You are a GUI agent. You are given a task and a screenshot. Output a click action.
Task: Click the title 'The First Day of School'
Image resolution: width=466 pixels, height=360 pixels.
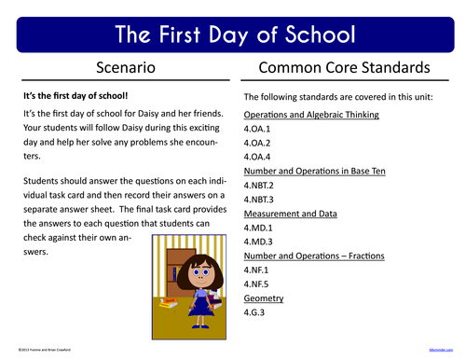pyautogui.click(x=233, y=35)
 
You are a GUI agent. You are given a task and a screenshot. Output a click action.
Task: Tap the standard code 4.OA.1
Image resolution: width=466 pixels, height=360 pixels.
pyautogui.click(x=258, y=130)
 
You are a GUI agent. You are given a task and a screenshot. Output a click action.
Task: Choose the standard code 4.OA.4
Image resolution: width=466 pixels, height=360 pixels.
pyautogui.click(x=258, y=158)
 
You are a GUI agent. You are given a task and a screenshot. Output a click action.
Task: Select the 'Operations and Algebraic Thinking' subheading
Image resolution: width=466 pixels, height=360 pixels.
pyautogui.click(x=311, y=116)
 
